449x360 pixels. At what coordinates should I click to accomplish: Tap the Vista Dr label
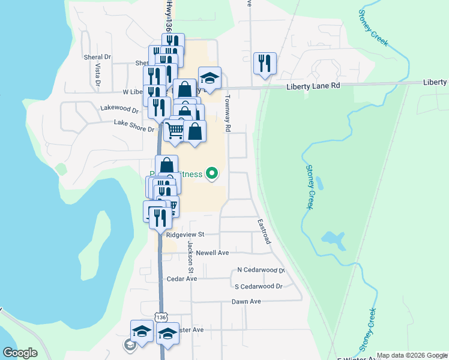(97, 74)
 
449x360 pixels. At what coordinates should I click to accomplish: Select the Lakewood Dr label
(119, 109)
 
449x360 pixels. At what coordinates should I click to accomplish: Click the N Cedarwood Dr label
(260, 271)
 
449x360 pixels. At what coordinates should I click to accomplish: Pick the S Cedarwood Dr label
(258, 287)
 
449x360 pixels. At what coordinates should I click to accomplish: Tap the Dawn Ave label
(246, 302)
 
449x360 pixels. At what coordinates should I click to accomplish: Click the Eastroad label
(264, 231)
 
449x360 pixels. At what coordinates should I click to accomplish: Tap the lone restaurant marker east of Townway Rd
(265, 63)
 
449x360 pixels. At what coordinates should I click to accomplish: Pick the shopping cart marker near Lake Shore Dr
(175, 130)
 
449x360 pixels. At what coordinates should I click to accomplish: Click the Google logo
(20, 353)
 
